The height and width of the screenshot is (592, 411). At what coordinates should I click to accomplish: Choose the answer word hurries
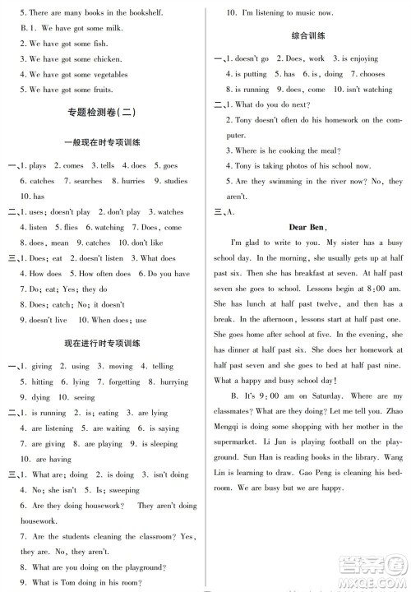[132, 181]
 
